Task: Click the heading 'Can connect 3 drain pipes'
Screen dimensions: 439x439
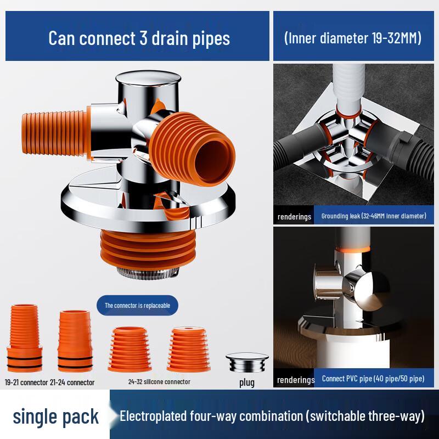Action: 139,38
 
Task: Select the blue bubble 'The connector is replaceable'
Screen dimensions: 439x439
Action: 138,305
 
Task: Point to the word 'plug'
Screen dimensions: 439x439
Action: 247,382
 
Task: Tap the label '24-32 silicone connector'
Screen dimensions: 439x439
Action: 159,381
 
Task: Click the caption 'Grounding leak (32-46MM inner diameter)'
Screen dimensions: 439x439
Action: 373,216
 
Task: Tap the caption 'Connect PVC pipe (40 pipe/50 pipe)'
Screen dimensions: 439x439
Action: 373,379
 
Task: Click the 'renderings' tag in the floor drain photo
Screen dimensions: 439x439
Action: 294,216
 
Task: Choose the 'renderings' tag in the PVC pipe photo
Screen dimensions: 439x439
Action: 295,379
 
